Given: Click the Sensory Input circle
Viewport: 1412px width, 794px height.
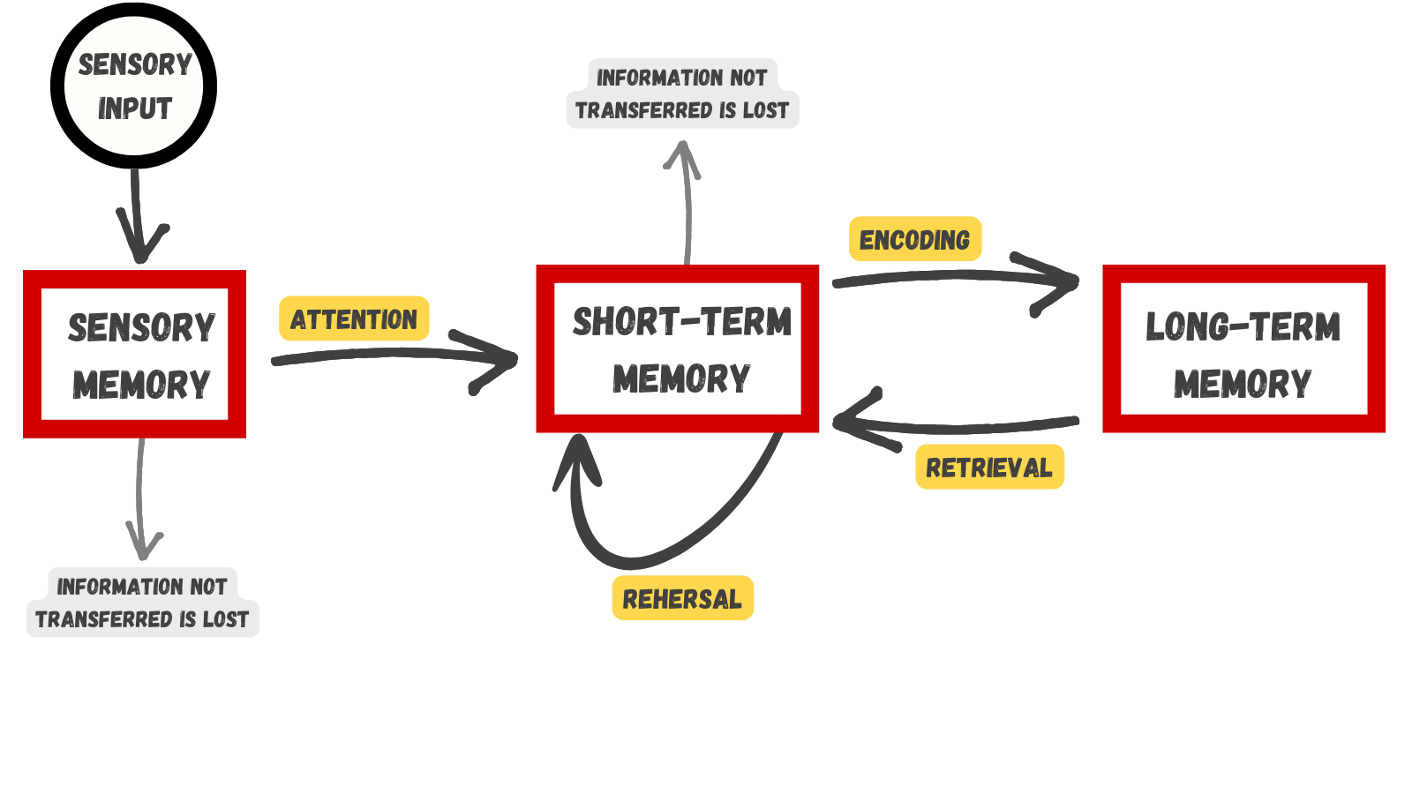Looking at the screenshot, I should [134, 86].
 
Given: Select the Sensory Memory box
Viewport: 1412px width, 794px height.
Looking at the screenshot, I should [134, 354].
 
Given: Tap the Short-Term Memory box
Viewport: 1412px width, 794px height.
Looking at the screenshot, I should [678, 348].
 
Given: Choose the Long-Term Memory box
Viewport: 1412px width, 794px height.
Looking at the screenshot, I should [1243, 348].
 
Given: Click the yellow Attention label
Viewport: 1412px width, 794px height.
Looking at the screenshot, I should [354, 318].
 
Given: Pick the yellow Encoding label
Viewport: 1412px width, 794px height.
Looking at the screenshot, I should [914, 239].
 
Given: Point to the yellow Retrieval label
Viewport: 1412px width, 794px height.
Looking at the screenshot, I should [988, 467].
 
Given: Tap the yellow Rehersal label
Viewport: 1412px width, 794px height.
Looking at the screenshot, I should [682, 598].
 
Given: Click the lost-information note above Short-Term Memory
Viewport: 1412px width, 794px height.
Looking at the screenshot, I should [682, 94].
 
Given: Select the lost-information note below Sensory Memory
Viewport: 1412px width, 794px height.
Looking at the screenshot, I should [142, 603].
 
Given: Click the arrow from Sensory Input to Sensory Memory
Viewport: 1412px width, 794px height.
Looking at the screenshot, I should [137, 216].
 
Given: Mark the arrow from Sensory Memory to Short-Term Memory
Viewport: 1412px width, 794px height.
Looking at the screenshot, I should [388, 355].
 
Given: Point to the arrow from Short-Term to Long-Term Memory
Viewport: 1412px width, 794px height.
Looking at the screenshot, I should [953, 277].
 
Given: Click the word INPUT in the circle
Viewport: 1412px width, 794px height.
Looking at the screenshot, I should [134, 109].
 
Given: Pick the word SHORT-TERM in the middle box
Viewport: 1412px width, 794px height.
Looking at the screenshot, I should [681, 322].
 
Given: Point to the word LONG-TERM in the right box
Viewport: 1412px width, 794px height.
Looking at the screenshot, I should [1243, 326].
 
